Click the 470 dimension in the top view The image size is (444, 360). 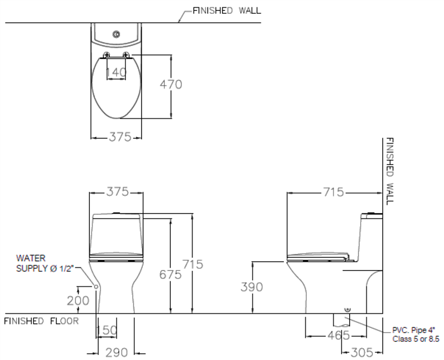tap(171, 84)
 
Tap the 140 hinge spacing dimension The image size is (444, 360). tap(116, 72)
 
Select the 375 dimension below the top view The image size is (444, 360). tap(120, 137)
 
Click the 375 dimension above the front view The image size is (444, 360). tap(118, 192)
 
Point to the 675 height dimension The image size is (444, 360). tap(170, 274)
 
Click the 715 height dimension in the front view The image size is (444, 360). tap(193, 265)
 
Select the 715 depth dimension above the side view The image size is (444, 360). tap(334, 192)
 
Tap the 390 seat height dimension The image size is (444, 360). tap(252, 287)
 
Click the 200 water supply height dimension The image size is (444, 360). tap(78, 301)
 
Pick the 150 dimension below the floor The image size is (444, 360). tap(107, 330)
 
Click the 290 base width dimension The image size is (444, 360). tap(117, 353)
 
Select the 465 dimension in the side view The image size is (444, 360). tap(339, 336)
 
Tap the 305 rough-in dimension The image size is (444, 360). tap(362, 353)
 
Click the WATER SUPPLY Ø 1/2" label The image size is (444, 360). tap(44, 263)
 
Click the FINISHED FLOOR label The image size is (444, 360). tap(41, 321)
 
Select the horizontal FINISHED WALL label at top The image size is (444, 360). tap(227, 11)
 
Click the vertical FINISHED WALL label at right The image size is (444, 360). tap(390, 171)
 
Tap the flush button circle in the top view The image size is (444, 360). tap(116, 34)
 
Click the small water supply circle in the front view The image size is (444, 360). tap(96, 287)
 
